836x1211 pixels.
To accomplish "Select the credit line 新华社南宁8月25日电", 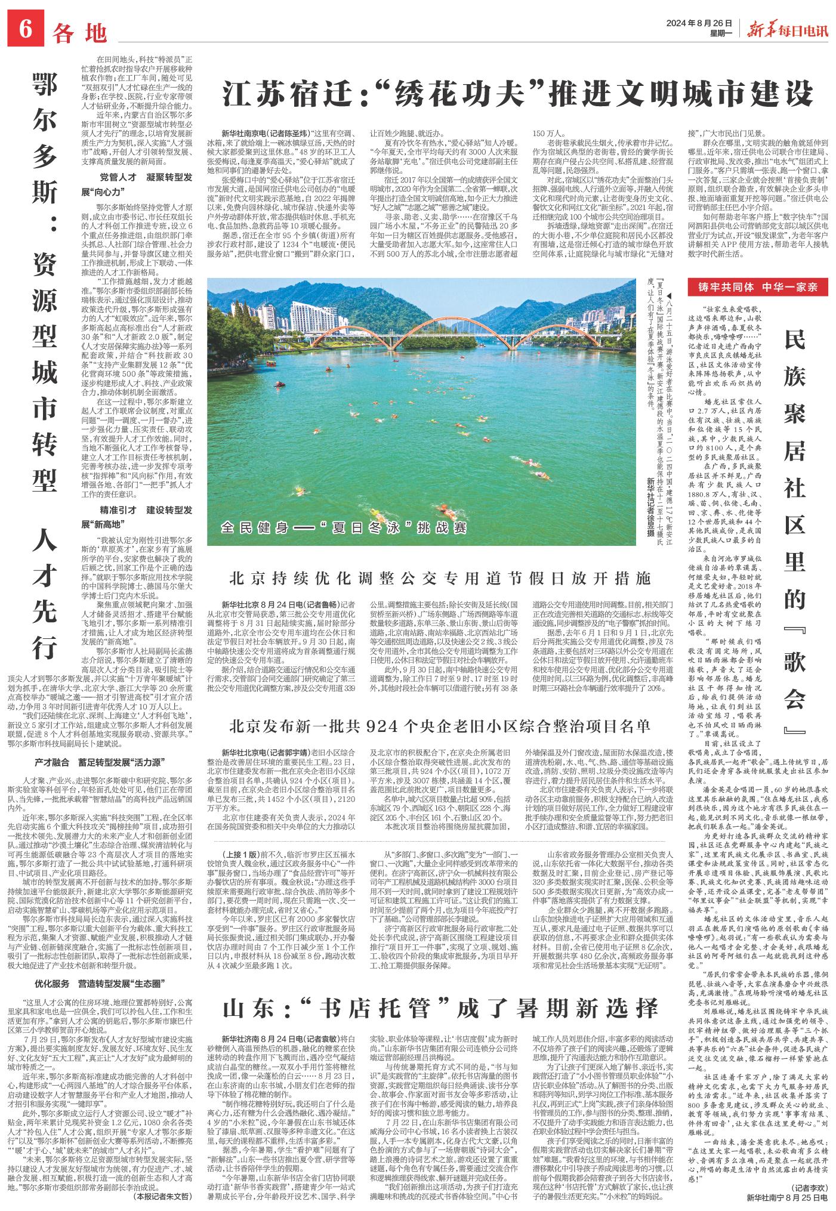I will [787, 1197].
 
